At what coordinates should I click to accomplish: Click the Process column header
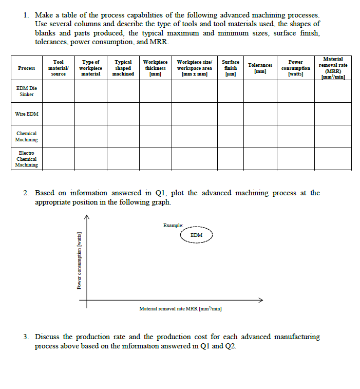point(26,68)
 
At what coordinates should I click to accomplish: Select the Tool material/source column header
point(59,68)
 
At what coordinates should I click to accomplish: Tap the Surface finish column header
point(231,68)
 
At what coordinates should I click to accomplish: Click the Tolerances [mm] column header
point(260,68)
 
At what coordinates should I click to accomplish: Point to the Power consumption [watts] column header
point(295,68)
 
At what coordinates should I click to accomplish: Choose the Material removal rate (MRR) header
point(333,68)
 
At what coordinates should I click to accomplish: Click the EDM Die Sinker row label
point(26,91)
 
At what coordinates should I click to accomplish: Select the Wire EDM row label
point(26,114)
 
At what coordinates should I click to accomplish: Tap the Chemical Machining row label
point(26,136)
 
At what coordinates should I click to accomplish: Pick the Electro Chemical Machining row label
point(26,159)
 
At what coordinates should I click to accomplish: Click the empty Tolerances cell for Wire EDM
point(260,114)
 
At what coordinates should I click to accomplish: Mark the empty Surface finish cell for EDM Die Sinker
point(231,91)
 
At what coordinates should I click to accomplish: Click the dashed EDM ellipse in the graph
point(196,235)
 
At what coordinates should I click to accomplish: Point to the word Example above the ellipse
point(173,226)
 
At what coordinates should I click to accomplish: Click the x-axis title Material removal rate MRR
point(180,309)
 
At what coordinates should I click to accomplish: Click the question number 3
point(26,337)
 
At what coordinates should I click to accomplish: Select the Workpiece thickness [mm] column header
point(155,68)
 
